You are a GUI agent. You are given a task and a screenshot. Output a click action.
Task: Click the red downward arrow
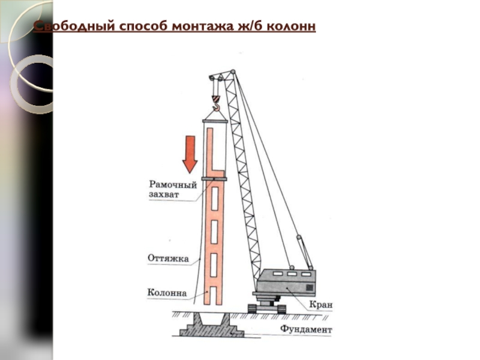pos(190,154)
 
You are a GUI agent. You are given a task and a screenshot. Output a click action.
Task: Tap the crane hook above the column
pos(216,109)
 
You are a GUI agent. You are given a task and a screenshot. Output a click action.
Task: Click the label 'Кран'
pos(321,305)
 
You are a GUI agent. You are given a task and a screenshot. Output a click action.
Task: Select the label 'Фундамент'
pos(305,330)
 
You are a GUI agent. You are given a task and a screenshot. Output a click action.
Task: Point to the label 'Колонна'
pos(167,293)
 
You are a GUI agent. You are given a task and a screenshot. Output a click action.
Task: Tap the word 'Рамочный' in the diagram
pos(173,184)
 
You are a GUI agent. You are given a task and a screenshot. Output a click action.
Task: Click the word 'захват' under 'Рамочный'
pos(163,194)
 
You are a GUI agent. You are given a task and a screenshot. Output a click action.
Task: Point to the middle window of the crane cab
pos(292,274)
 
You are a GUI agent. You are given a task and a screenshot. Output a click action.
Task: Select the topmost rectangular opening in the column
pos(215,196)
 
